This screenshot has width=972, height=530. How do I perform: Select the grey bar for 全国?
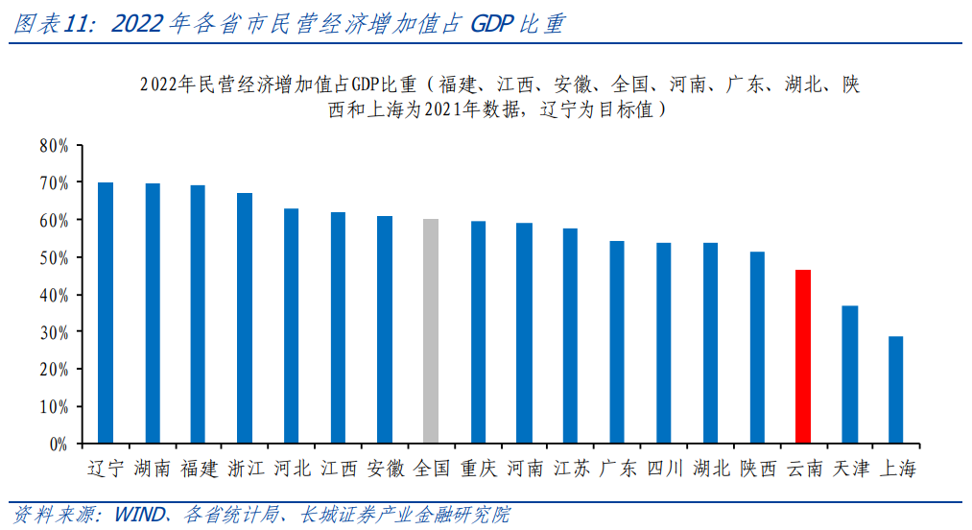click(x=431, y=331)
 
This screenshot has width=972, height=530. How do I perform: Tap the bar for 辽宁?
click(x=106, y=313)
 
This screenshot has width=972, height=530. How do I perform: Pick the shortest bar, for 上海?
click(x=895, y=390)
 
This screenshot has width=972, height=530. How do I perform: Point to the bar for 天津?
click(x=849, y=374)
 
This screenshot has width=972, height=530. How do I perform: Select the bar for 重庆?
click(x=478, y=332)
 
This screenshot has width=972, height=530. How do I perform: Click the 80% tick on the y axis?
click(x=54, y=146)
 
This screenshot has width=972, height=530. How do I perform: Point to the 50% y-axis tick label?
click(x=54, y=257)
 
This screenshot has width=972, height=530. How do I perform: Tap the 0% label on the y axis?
click(x=58, y=445)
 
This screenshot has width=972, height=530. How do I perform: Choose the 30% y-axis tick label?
click(x=54, y=332)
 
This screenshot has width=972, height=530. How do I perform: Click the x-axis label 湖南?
click(x=153, y=469)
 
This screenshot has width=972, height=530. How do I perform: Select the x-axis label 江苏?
click(x=570, y=469)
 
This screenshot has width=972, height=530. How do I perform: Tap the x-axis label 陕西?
click(x=757, y=469)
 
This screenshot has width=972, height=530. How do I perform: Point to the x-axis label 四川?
click(x=664, y=469)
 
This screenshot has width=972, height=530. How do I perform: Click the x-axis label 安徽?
click(x=385, y=469)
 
